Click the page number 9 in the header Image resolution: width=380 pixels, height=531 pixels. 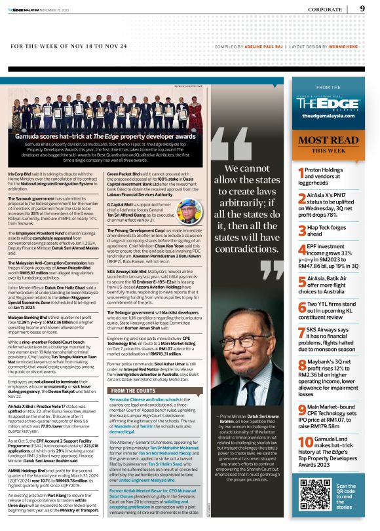pos(362,9)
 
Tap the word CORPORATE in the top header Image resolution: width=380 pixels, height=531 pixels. pos(325,10)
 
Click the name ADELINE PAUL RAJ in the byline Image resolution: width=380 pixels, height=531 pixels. pos(259,46)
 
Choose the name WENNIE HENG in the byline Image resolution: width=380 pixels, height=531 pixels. pos(345,46)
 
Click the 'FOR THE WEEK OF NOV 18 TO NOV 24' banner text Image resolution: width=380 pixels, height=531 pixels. pos(79,46)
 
